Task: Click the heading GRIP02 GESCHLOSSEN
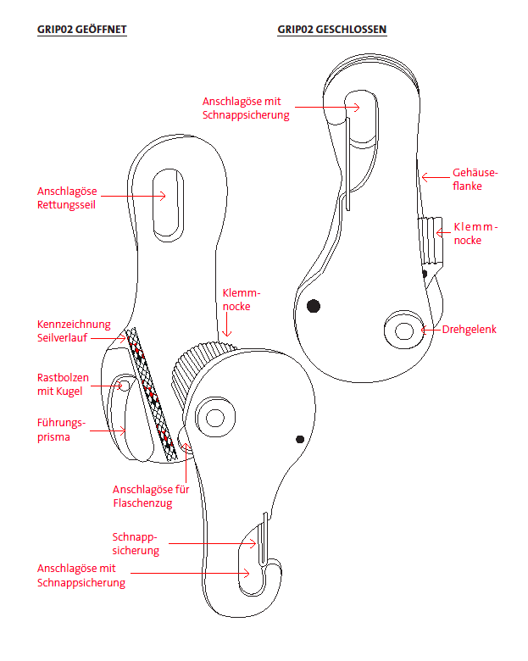331,30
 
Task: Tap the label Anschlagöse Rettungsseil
67,197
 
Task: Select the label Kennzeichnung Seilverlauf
74,330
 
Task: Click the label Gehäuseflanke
475,178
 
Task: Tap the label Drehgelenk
470,329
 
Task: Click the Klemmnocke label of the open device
236,298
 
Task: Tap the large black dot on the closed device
314,305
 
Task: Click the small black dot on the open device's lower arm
300,439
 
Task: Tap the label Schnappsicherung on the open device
136,543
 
